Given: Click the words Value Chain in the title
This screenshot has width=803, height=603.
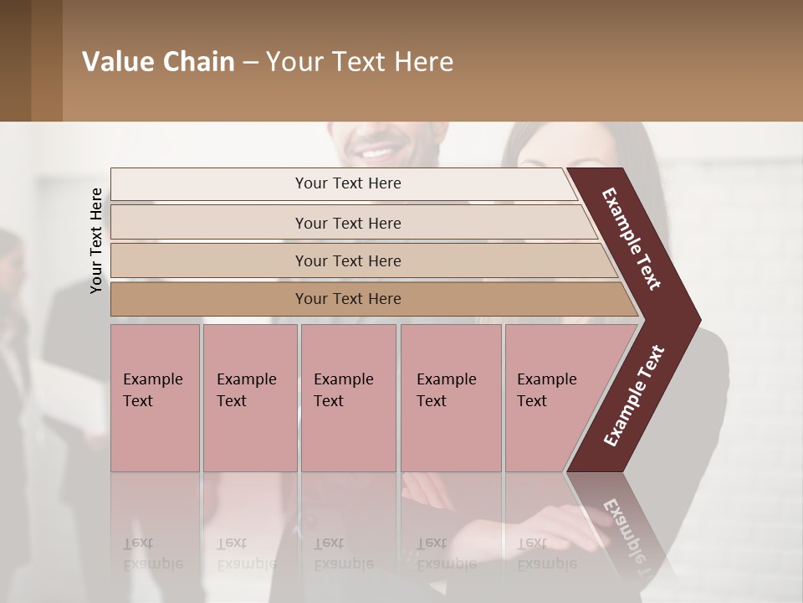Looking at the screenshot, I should coord(158,62).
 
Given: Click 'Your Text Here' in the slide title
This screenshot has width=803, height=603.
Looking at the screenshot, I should coord(360,62).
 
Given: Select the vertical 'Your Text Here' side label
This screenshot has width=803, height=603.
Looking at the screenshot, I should coord(96,241).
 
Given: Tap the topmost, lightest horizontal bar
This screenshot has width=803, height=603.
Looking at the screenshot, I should coord(348,183).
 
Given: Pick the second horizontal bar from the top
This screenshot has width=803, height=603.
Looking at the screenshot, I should coord(348,223).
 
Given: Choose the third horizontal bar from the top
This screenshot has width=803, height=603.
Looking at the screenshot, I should coord(348,260).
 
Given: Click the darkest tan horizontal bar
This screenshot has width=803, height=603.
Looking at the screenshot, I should coord(348,299).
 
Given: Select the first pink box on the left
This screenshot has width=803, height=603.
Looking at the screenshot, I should coord(155,398).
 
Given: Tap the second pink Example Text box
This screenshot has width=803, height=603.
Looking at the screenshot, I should coord(249,398).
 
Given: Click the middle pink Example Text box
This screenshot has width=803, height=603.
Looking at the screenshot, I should coord(348,398).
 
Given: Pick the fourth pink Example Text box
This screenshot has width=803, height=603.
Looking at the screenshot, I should coord(450,398).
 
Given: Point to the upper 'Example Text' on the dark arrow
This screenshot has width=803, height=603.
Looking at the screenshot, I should coord(632,239).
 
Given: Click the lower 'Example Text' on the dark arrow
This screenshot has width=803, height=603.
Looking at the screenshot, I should coord(634,396).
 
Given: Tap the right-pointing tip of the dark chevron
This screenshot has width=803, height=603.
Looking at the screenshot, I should coord(695,320).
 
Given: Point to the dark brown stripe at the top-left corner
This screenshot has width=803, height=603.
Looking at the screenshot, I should coord(15,60).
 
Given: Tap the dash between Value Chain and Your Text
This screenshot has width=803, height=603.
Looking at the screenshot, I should coord(250,63).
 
